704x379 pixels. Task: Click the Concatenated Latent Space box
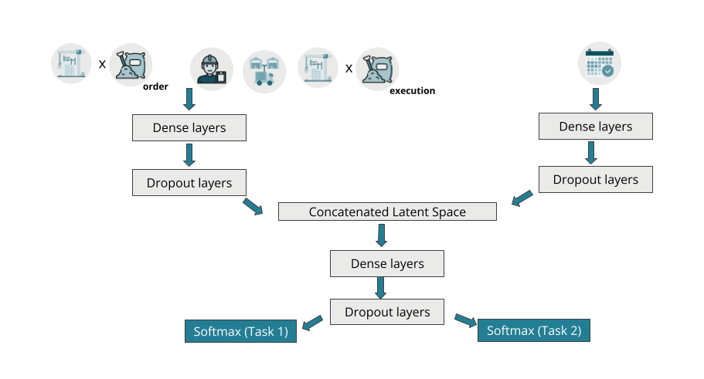coord(387,211)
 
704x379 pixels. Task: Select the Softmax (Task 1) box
coord(240,332)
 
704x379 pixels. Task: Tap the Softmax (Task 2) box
coord(534,330)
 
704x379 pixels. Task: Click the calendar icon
coord(600,63)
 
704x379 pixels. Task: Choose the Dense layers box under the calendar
coord(595,127)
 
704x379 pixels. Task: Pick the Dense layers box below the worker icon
coord(189,128)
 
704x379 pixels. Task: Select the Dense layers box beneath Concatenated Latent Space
coord(387,264)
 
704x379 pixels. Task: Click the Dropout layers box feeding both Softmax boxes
coord(387,312)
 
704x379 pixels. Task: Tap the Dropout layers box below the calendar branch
coord(595,179)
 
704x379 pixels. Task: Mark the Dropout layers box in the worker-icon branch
coord(189,183)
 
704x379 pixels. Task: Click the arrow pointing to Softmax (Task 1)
coord(312,322)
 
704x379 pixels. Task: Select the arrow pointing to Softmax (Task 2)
coord(464,320)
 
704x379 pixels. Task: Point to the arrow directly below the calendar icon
coord(596,98)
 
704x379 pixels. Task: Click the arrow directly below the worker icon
coord(189,99)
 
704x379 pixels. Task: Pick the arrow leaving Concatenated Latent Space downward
coord(380,235)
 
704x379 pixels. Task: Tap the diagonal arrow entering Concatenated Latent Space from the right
coord(522,198)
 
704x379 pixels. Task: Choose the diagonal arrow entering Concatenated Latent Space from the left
coord(253,206)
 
